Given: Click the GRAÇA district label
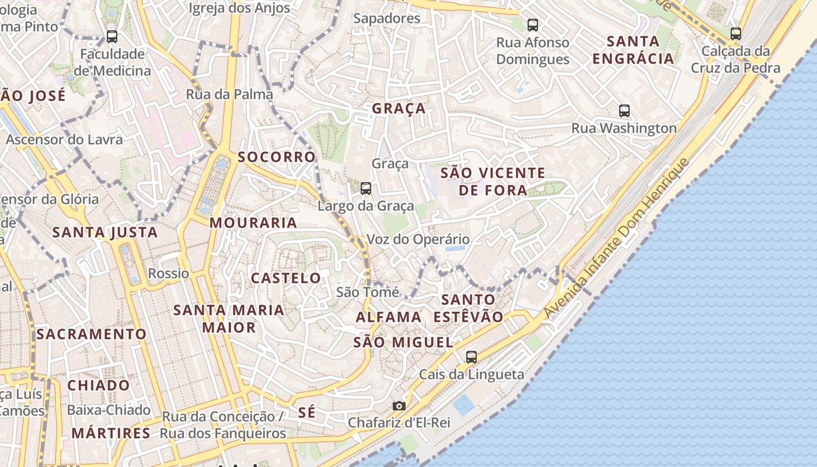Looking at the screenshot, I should (399, 109).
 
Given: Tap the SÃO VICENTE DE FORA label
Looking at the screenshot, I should (493, 182).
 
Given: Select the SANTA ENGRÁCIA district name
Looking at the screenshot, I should (633, 50).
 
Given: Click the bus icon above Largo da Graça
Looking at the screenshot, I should (366, 189).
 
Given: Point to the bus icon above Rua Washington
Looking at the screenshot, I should (624, 111).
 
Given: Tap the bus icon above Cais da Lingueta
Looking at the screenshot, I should (472, 357).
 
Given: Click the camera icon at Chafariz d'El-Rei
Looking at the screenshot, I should (399, 406).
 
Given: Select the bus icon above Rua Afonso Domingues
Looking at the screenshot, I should (532, 25).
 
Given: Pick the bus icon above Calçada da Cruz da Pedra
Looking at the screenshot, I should (735, 34).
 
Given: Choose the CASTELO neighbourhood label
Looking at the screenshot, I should (286, 278).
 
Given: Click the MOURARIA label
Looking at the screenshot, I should (253, 223).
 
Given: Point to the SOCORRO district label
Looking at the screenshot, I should (277, 157).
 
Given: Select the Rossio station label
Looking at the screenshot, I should (169, 273).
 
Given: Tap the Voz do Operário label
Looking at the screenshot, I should (418, 239).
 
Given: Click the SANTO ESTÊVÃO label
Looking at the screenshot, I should (468, 308).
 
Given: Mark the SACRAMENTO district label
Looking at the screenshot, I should (91, 334).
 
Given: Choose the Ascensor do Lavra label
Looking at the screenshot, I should (64, 140).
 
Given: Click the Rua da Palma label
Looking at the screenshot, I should (229, 95).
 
